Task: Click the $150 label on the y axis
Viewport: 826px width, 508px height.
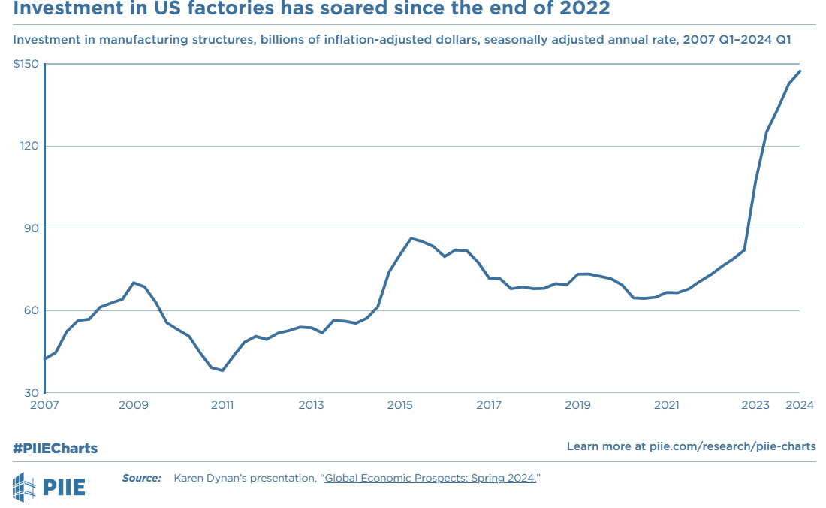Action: point(26,65)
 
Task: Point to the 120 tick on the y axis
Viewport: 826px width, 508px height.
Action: point(29,146)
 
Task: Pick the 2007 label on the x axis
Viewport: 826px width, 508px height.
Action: point(44,406)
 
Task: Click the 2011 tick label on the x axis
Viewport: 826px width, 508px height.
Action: point(222,406)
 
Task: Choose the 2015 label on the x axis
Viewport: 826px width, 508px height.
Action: point(399,406)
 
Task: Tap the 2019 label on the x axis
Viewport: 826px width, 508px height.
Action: point(577,406)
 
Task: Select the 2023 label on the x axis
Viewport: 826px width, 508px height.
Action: point(755,406)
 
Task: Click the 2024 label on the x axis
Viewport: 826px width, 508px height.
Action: point(800,406)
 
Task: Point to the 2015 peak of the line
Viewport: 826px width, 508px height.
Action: point(411,238)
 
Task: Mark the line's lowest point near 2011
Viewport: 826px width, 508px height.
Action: point(222,370)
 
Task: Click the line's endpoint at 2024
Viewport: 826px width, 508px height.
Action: point(800,71)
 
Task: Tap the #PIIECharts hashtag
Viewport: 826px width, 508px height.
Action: point(55,448)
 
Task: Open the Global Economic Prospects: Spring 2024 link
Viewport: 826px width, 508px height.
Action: point(430,478)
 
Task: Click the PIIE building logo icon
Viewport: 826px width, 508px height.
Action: point(24,486)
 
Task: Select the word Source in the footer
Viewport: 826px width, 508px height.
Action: point(141,478)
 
